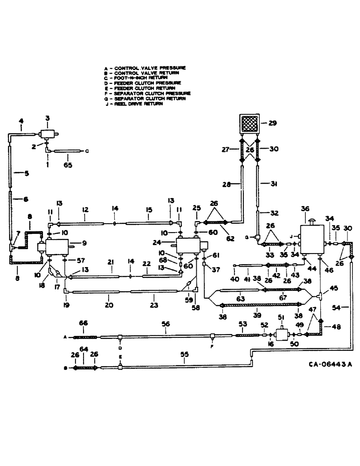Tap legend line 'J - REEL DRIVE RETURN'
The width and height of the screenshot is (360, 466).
click(135, 103)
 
